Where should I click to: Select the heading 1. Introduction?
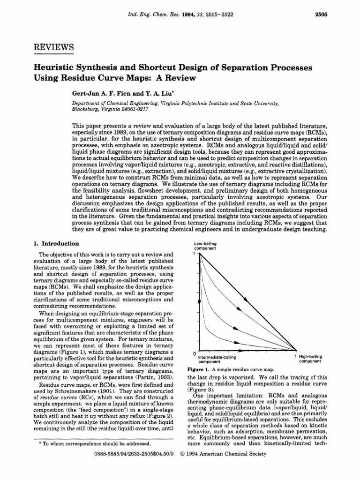55,244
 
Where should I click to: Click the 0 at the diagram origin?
195,352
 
